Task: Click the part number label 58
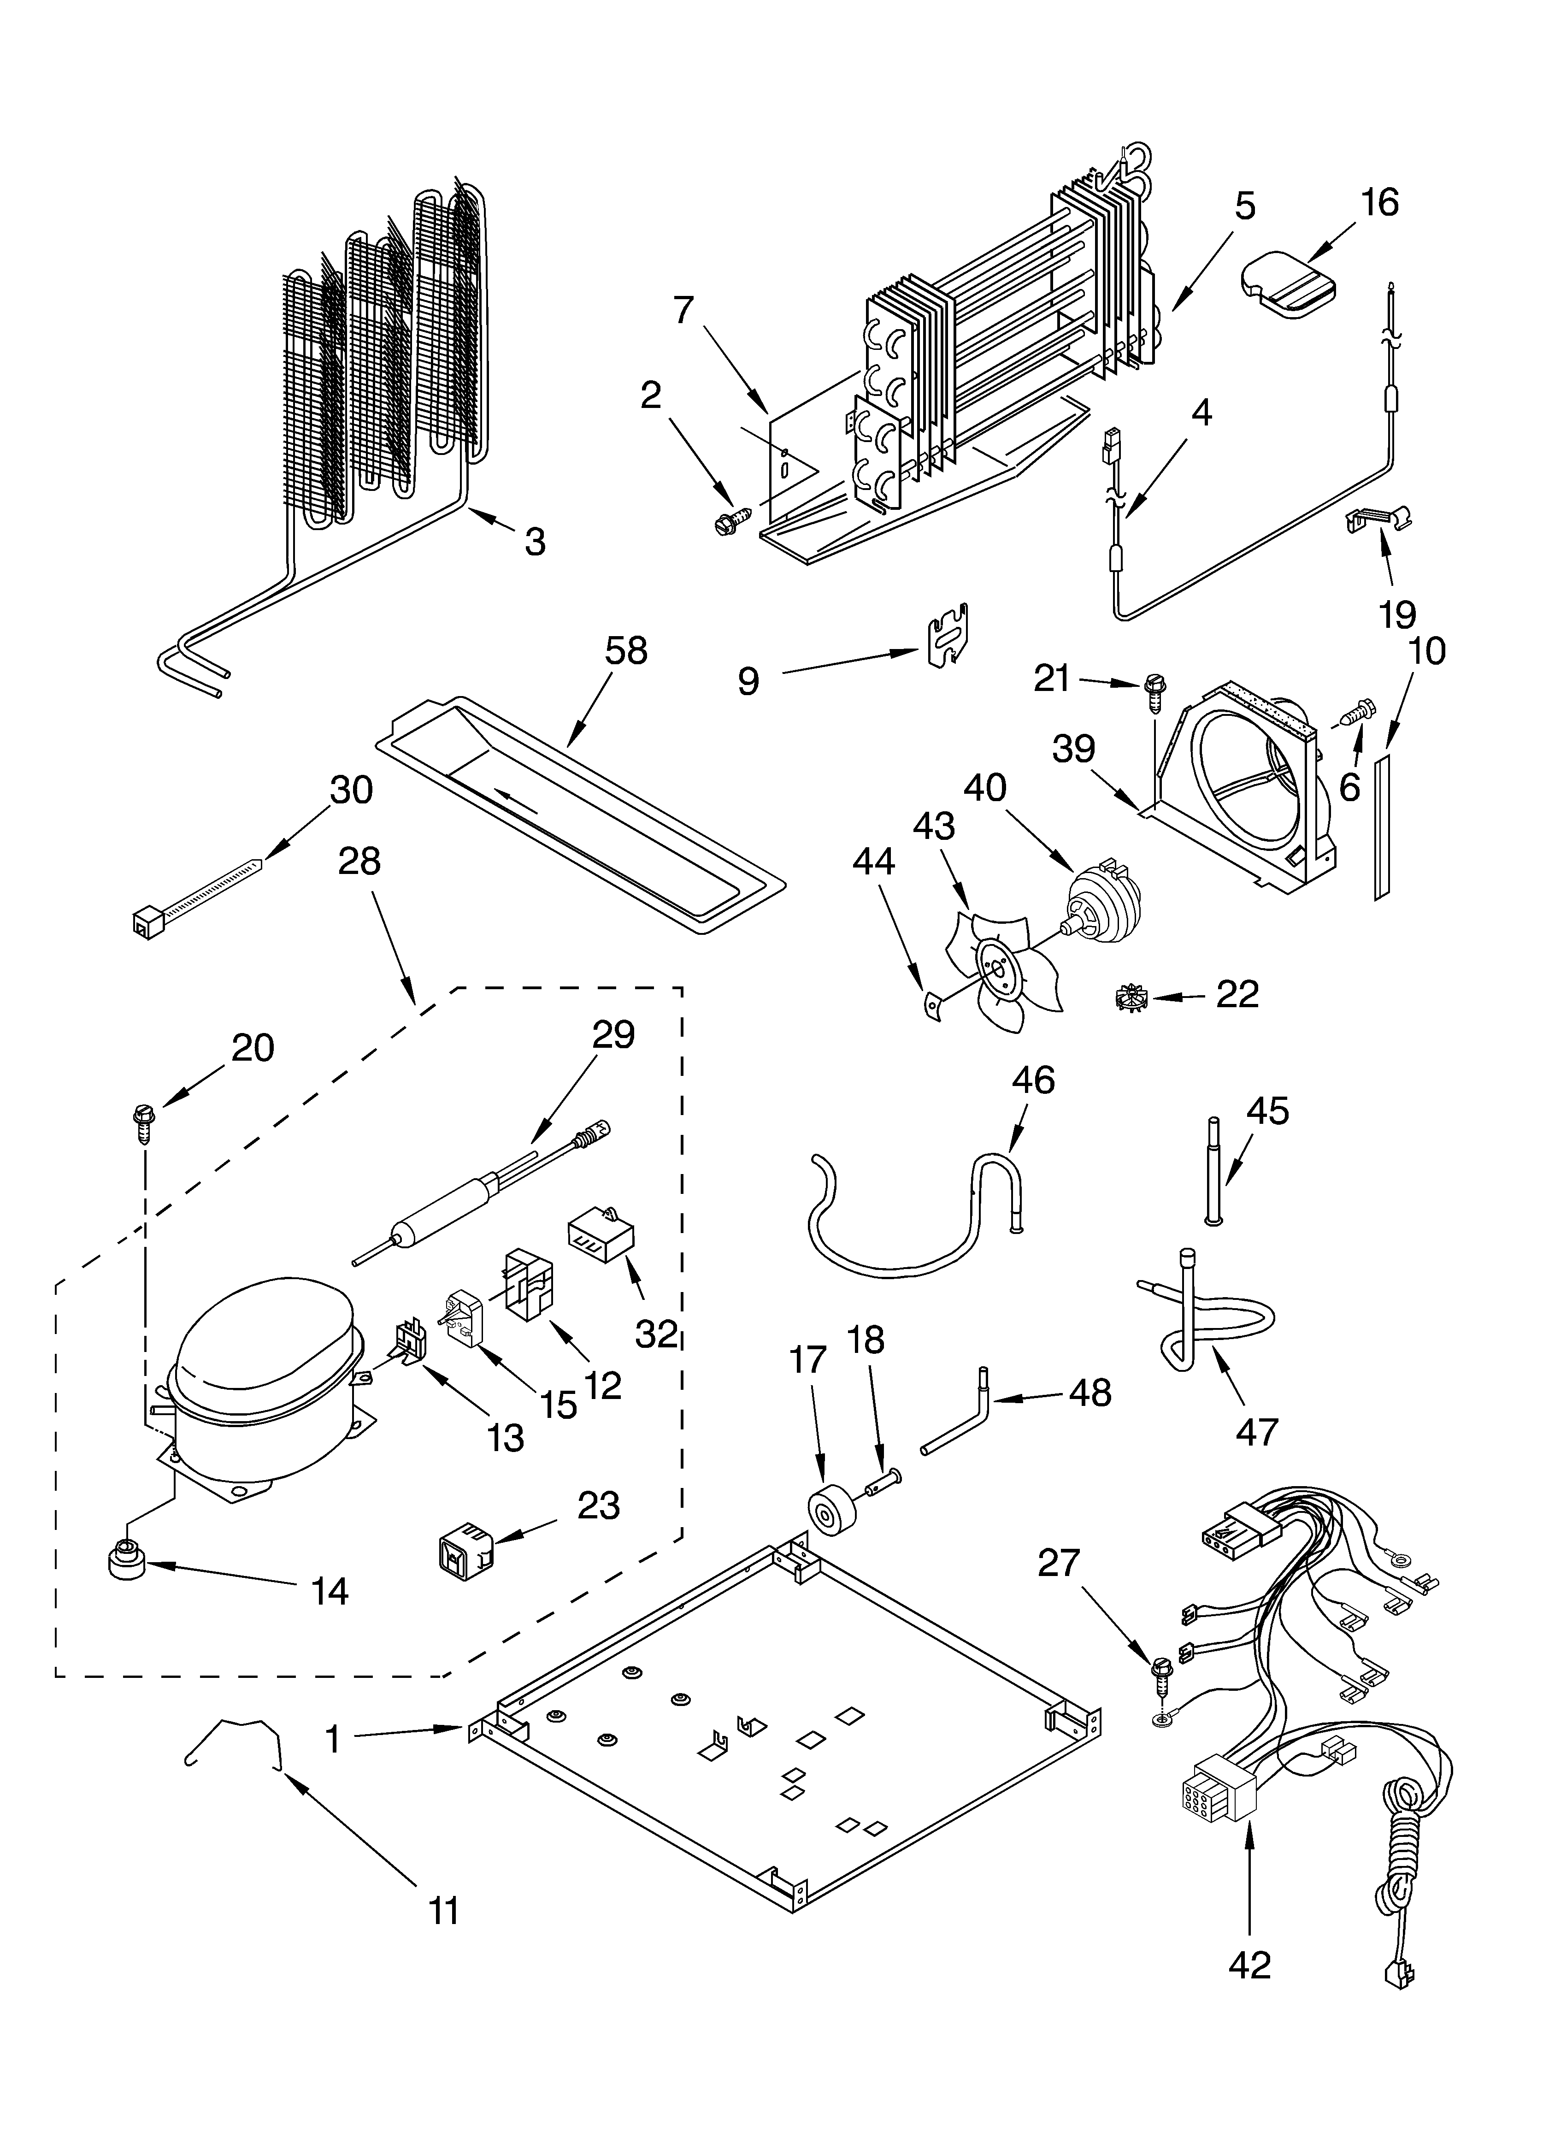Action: point(626,651)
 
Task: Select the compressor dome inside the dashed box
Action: point(263,1344)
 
